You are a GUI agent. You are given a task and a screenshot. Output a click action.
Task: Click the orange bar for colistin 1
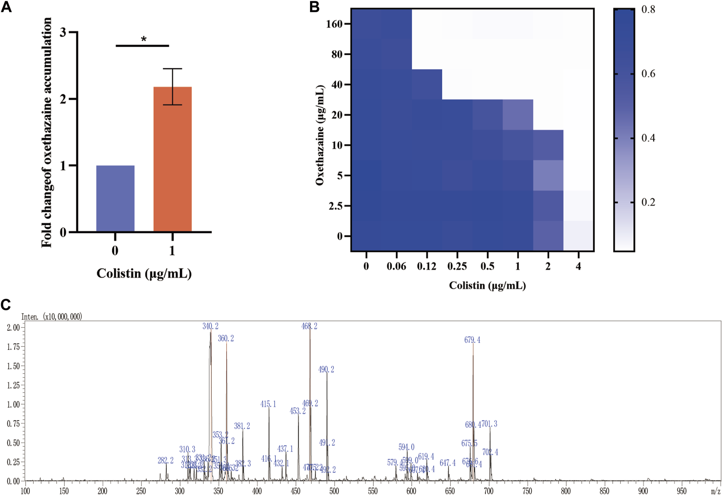coord(172,159)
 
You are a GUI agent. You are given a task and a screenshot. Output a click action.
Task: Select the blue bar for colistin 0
coord(115,198)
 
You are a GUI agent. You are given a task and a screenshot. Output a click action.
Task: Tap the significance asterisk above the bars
coord(144,40)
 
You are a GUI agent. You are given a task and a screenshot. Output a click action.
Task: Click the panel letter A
coord(6,7)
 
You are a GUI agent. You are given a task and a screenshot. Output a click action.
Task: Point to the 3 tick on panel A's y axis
coord(63,32)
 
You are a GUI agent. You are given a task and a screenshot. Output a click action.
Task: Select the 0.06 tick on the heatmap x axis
coord(396,267)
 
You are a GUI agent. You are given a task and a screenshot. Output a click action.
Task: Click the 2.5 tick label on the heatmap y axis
coord(336,206)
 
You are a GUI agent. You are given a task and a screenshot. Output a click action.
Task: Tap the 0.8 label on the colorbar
coord(648,10)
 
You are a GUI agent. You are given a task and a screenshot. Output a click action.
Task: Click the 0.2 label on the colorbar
coord(648,202)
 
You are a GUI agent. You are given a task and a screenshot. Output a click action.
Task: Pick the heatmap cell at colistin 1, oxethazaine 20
coord(518,115)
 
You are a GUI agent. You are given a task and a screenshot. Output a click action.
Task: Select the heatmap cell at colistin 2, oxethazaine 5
coord(548,176)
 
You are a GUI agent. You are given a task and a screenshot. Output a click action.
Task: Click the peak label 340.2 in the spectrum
coord(211,326)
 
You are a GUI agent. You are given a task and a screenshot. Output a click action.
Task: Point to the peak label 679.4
coord(472,340)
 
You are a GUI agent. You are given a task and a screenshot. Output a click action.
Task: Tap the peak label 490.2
coord(326,369)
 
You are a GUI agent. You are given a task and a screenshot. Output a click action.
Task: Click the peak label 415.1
coord(268,404)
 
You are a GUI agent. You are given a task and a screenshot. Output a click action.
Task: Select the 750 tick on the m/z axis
coord(527,491)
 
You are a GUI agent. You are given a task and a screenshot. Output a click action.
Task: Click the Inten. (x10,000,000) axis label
coord(52,317)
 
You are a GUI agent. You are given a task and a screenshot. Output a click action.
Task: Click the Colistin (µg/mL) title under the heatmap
coord(487,285)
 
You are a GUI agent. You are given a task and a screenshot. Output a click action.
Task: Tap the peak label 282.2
coord(166,460)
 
